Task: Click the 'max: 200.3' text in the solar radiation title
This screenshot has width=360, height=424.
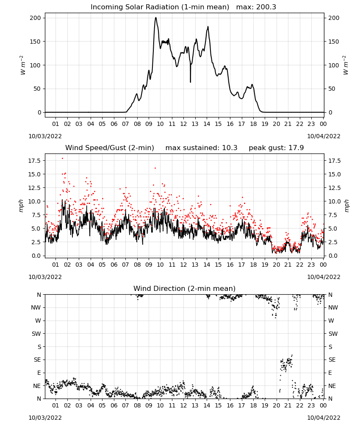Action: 256,7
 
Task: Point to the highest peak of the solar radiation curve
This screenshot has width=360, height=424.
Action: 156,17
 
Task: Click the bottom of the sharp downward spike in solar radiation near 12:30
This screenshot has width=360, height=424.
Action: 191,82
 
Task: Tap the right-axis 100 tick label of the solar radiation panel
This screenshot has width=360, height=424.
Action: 334,65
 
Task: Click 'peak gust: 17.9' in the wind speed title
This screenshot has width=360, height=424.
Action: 276,148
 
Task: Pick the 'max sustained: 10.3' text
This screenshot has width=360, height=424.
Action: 201,148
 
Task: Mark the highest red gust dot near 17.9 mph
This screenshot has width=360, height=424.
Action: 62,159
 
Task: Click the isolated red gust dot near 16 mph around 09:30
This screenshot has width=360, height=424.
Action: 155,168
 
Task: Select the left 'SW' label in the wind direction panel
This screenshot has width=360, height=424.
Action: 36,334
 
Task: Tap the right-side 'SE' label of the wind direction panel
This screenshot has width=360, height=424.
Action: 332,360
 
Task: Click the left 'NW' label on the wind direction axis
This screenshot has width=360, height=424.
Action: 36,307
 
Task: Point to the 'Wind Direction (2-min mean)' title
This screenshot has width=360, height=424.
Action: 185,288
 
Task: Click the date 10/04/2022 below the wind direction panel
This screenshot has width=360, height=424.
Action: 324,418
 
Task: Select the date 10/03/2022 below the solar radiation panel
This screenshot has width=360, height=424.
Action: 45,136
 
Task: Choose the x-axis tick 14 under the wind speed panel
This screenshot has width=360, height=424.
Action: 207,265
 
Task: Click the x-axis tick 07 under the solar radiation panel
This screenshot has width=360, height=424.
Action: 125,124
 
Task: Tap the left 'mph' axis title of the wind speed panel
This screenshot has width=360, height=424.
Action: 21,206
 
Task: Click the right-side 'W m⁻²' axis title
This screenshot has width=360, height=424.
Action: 346,65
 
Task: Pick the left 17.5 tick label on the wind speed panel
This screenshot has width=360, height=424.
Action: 34,161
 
